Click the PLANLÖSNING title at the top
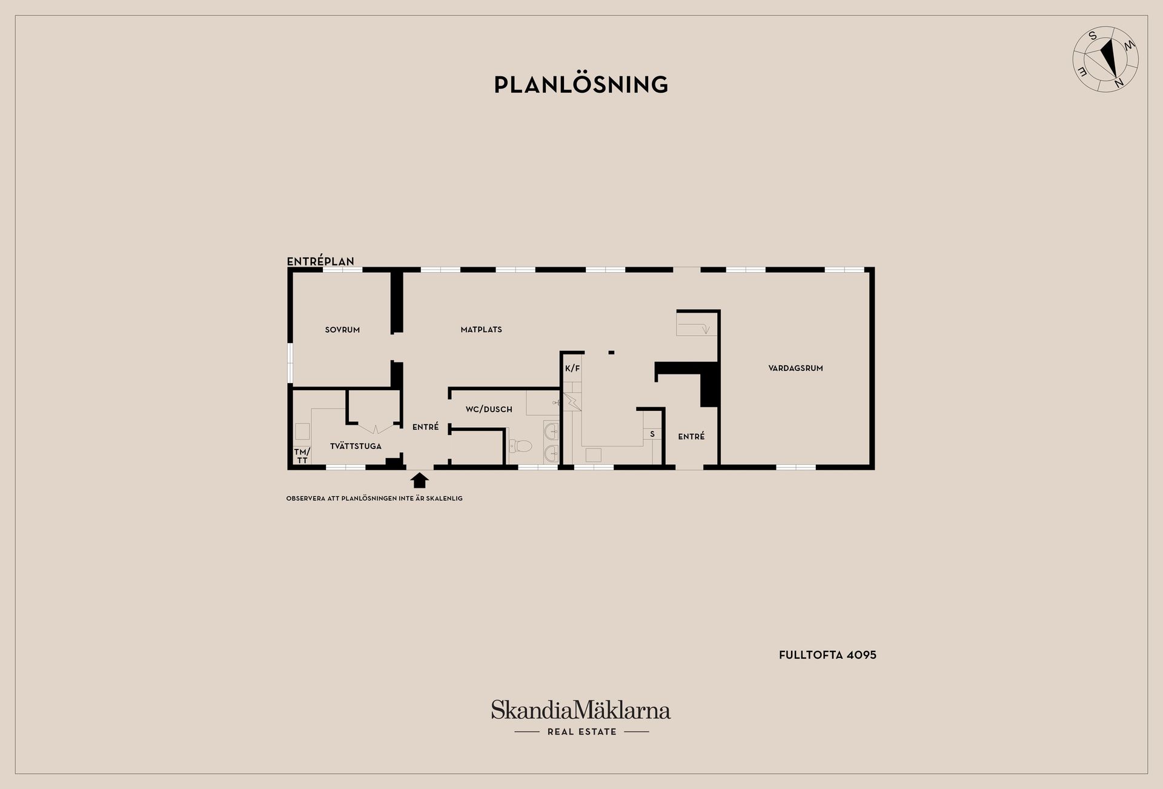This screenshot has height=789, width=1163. point(581,84)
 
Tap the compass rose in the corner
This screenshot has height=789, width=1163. point(1105,59)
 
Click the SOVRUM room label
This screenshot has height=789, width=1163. point(342,330)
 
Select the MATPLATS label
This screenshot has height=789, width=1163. point(481,330)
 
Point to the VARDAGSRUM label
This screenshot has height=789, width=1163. point(795,368)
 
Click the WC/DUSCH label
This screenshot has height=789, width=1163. point(489,409)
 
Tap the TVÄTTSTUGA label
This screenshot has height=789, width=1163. point(356,446)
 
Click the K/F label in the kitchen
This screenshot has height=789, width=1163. point(572,368)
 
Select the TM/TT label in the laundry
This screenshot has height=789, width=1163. point(302,456)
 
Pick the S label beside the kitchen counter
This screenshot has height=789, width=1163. point(652,434)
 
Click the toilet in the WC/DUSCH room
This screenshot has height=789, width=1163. point(520,447)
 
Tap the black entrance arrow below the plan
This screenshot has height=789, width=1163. point(419,481)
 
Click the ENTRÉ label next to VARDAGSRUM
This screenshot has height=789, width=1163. point(691,436)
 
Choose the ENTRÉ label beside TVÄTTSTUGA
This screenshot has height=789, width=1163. point(425,427)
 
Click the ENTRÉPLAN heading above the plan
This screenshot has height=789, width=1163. point(320,262)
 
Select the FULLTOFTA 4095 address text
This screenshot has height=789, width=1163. point(827,654)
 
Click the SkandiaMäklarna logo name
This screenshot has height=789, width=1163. point(581,710)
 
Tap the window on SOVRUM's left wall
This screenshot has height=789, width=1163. point(290,363)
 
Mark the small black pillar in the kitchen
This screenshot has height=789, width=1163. point(611,352)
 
